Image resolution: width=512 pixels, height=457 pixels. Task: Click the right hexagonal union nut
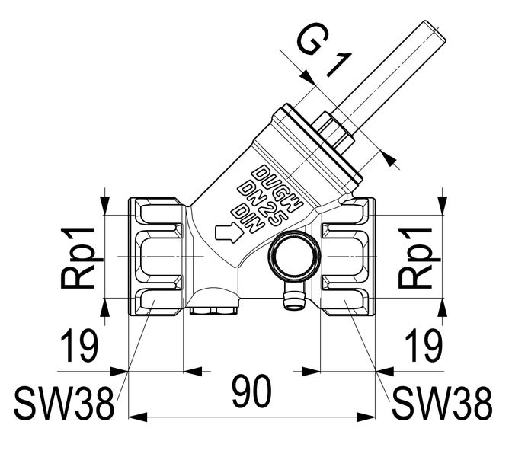click(x=347, y=257)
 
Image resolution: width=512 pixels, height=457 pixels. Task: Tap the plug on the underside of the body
click(x=216, y=308)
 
